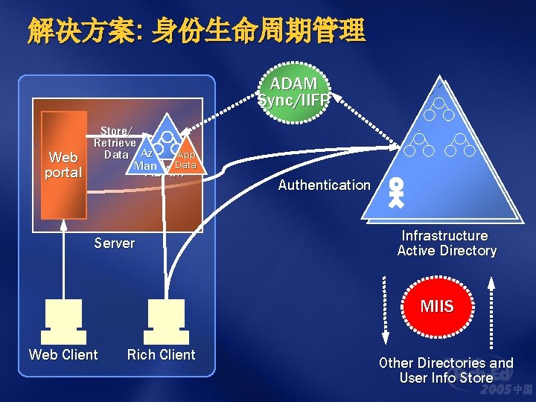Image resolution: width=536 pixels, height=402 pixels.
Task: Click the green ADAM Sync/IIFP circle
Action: tap(293, 92)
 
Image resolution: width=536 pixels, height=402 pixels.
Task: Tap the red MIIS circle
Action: tap(436, 307)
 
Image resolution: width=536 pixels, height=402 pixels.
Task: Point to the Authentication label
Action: tap(324, 185)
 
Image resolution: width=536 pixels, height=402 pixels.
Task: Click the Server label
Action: tap(115, 243)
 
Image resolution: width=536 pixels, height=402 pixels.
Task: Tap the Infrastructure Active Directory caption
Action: tap(447, 243)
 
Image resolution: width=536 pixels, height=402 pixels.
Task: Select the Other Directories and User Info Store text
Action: tap(446, 370)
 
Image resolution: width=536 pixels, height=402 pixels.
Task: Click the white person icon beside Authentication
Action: tap(397, 192)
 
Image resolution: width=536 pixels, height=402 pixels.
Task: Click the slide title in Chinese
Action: tap(197, 31)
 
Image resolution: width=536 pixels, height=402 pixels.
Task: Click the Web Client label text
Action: tap(63, 355)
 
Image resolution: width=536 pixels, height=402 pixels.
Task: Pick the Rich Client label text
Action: tap(161, 355)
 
